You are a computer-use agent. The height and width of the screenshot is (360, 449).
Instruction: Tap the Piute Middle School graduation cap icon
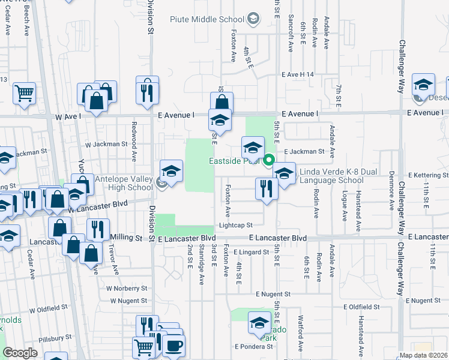point(253,19)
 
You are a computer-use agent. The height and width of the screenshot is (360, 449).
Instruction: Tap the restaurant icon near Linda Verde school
point(265,188)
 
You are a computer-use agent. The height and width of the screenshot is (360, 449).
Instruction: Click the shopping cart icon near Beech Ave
point(24,92)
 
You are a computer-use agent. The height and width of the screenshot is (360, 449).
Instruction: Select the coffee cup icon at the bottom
point(174,346)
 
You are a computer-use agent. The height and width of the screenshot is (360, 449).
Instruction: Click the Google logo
point(20,353)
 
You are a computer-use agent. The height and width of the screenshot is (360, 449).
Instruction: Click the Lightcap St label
point(236,225)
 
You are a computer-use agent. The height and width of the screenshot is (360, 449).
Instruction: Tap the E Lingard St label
point(252,253)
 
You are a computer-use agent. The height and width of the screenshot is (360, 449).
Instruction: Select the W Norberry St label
point(127,288)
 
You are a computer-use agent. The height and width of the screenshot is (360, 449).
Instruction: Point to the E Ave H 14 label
point(298,74)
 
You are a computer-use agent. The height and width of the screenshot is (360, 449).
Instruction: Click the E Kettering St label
point(428,175)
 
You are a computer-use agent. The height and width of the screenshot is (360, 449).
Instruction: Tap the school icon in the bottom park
point(260,322)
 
